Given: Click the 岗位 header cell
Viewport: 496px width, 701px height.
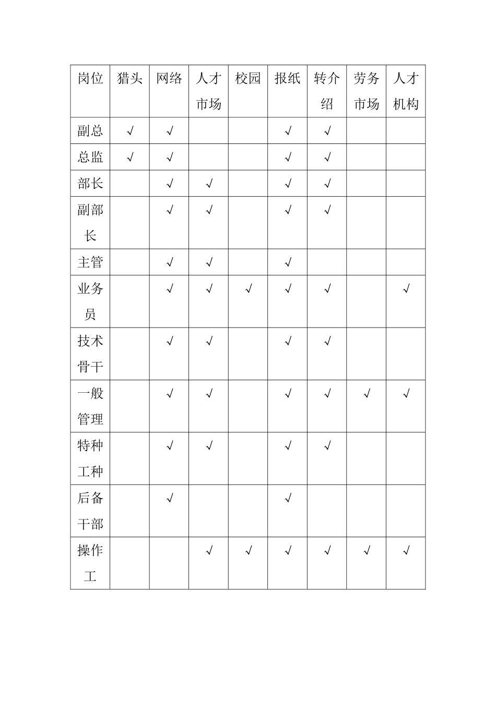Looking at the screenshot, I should pyautogui.click(x=90, y=79).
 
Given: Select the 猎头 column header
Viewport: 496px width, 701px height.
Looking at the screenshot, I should pyautogui.click(x=129, y=79).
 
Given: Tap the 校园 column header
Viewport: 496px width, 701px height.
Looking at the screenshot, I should pyautogui.click(x=248, y=79).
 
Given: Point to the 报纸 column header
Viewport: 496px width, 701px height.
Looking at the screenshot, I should pyautogui.click(x=287, y=79).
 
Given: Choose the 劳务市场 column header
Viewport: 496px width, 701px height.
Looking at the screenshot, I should pyautogui.click(x=366, y=91).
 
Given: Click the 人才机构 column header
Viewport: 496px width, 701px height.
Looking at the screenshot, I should pyautogui.click(x=406, y=91).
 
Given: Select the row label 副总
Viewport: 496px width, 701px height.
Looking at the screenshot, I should pyautogui.click(x=90, y=131).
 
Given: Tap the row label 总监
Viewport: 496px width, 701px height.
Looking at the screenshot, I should pyautogui.click(x=90, y=157).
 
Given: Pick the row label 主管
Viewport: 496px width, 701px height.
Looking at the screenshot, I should pyautogui.click(x=90, y=262).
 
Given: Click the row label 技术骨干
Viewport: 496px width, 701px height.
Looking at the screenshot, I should pyautogui.click(x=90, y=354).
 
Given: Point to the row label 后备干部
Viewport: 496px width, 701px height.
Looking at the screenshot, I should pyautogui.click(x=90, y=511).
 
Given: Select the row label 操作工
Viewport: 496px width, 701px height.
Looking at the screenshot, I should pyautogui.click(x=90, y=563).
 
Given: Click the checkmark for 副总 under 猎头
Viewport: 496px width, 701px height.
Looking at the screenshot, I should pyautogui.click(x=130, y=131).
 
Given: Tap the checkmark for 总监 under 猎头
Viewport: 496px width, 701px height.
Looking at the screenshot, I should pyautogui.click(x=130, y=158).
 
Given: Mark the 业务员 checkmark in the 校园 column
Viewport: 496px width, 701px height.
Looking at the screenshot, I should pyautogui.click(x=249, y=289).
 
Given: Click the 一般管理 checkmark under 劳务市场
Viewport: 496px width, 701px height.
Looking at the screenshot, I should pyautogui.click(x=367, y=394).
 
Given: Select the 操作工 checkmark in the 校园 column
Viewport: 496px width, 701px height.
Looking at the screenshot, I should pyautogui.click(x=249, y=551).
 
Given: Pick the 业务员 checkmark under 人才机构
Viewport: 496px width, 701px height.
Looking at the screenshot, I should pyautogui.click(x=406, y=289).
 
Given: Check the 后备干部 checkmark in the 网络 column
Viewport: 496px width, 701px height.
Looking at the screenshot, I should pyautogui.click(x=170, y=499).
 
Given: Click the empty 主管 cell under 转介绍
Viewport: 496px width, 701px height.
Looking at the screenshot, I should pyautogui.click(x=327, y=262).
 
